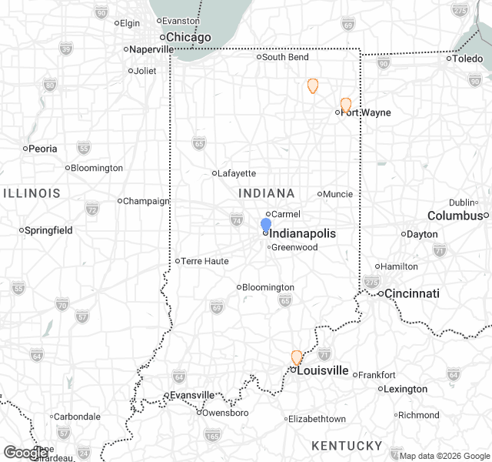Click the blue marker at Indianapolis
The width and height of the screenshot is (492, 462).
pos(266,224)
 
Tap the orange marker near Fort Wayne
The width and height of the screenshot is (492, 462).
pos(346,105)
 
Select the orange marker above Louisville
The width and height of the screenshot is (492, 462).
pos(297,357)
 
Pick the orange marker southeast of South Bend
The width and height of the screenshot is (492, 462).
pos(313,85)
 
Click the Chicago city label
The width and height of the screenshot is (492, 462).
pos(189,37)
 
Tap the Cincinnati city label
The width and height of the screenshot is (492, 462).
pos(412,293)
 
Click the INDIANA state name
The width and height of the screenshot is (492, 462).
pos(267,193)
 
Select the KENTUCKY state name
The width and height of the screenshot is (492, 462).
pos(347,446)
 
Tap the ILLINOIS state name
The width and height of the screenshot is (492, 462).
pos(32,192)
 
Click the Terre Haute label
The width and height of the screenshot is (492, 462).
pos(204,261)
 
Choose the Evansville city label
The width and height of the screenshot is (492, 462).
pos(192,395)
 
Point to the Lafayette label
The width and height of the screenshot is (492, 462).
pos(237,173)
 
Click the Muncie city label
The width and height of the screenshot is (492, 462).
pos(338,194)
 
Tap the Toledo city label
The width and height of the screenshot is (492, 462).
pos(467,59)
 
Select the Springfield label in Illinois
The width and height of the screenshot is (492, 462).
pos(48,230)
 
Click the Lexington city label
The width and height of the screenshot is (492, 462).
pos(405,389)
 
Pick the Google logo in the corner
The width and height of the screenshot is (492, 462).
pos(25,453)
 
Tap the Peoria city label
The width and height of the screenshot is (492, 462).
pos(42,149)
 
